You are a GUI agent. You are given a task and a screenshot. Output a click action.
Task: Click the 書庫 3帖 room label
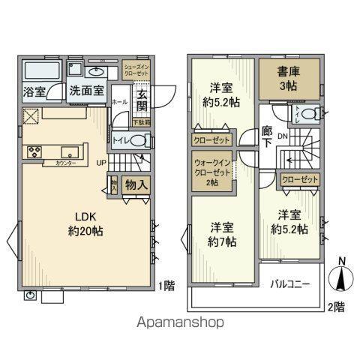click(289, 79)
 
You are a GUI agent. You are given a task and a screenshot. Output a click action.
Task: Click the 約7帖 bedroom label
click(221, 233)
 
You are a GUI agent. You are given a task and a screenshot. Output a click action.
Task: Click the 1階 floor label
click(168, 285)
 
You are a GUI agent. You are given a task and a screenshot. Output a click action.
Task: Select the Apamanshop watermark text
click(180, 322)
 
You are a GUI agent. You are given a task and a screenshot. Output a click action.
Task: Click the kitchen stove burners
click(34, 153)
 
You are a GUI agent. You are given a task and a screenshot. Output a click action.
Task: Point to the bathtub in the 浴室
click(42, 72)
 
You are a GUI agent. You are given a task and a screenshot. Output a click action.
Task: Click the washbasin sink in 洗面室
click(96, 73)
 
